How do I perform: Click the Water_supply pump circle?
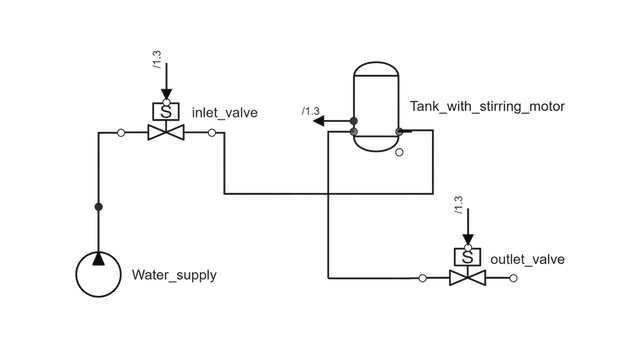pos(99,273)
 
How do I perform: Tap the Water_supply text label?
pos(174,275)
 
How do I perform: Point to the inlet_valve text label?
pos(224,113)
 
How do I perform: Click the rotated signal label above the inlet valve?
pos(156,58)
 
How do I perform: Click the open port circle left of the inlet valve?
pos(121,133)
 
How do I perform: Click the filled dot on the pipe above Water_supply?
pos(98,206)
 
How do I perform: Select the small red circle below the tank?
pos(399,154)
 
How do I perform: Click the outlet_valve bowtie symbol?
pos(466,277)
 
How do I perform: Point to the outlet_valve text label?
pos(527,260)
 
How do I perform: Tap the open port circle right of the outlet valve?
pos(514,277)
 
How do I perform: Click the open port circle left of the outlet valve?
pos(422,277)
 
